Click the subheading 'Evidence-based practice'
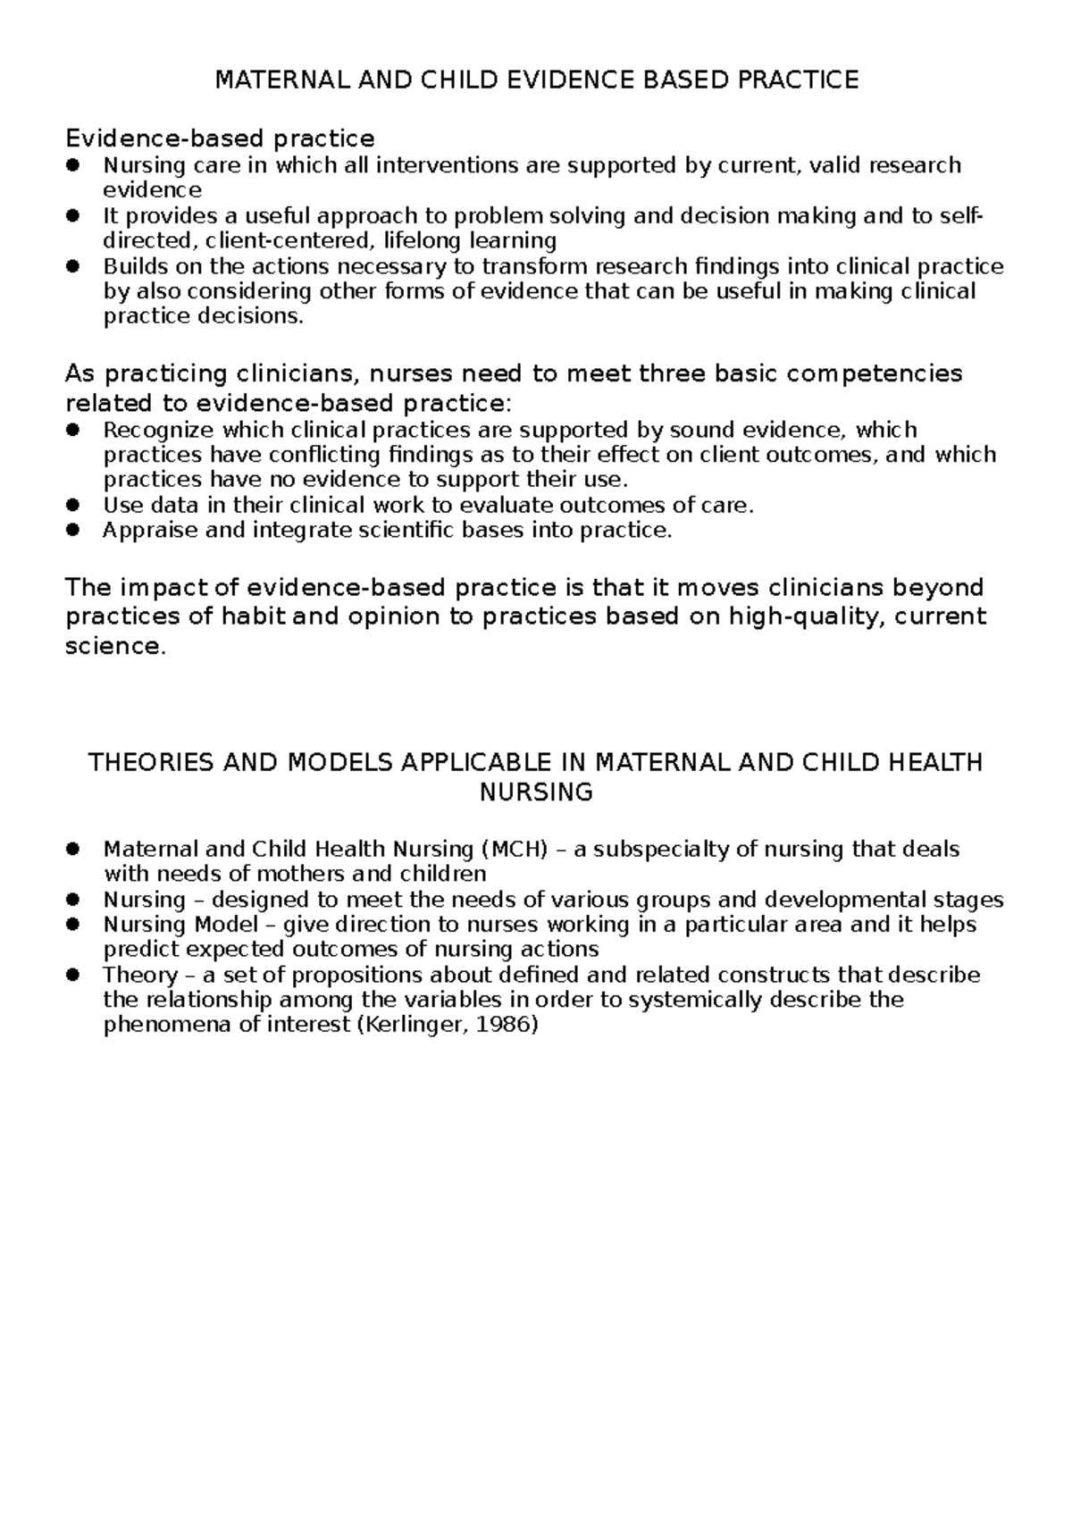pyautogui.click(x=220, y=138)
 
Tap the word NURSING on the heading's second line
pyautogui.click(x=536, y=792)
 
